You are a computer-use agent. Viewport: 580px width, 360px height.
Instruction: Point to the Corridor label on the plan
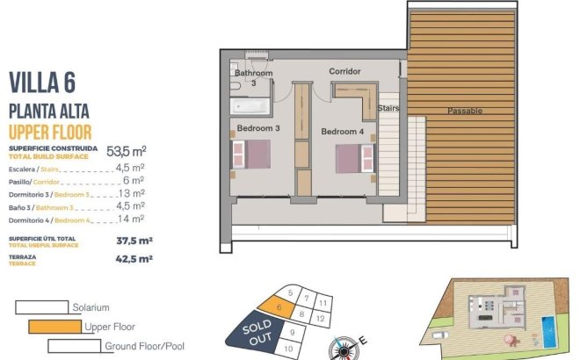pos(345,71)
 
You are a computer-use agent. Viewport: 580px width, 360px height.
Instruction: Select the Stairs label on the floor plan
pos(389,108)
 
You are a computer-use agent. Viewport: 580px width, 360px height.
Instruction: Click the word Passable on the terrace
pos(464,111)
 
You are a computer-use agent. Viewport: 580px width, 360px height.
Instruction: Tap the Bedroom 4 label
pos(342,132)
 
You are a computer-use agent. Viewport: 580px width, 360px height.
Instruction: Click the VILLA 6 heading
pos(41,83)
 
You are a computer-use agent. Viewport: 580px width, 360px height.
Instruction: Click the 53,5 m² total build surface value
pos(126,150)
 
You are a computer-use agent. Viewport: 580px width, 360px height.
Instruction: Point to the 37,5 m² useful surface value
pos(134,240)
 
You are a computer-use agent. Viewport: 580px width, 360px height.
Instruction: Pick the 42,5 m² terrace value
pos(134,259)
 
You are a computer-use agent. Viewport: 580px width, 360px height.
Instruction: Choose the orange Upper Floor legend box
pos(54,327)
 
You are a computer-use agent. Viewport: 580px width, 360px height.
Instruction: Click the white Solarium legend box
pos(41,307)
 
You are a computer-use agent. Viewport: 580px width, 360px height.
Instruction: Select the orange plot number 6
pos(278,306)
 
